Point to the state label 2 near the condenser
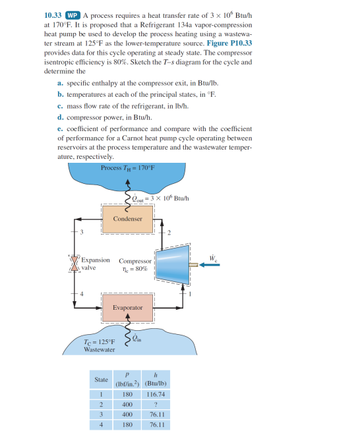click(170, 233)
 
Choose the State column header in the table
click(101, 380)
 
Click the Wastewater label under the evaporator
click(100, 349)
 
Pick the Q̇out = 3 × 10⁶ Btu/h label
click(156, 198)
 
